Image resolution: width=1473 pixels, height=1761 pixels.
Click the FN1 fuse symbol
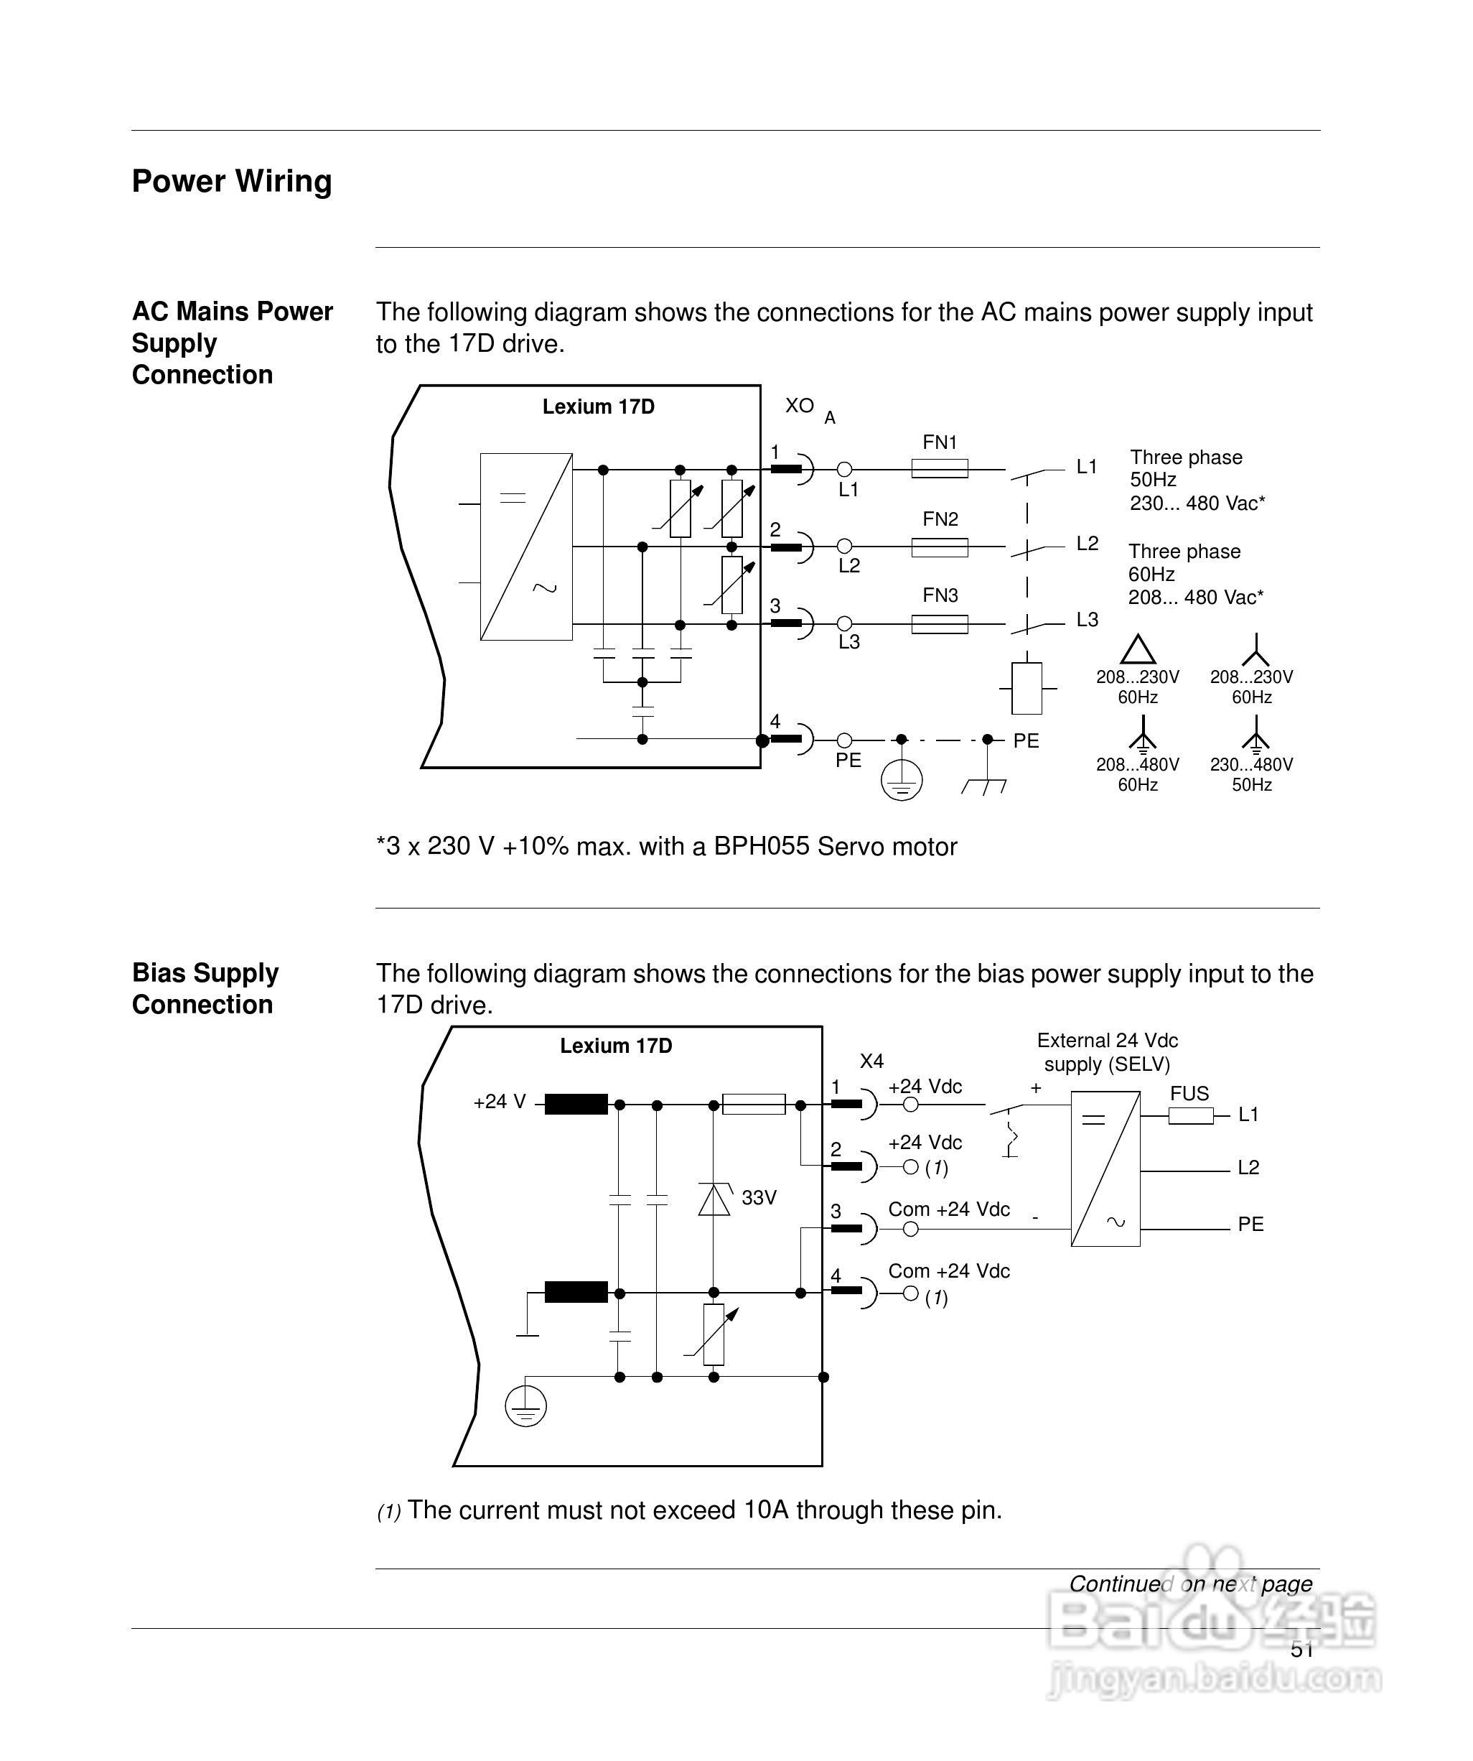click(939, 469)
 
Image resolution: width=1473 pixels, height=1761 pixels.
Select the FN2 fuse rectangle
click(939, 547)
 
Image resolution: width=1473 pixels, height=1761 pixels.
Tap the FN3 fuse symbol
click(939, 624)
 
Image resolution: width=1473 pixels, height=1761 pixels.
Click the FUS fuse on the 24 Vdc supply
click(1190, 1115)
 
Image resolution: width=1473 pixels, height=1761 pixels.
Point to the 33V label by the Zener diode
click(759, 1197)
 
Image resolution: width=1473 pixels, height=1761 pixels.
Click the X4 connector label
click(872, 1061)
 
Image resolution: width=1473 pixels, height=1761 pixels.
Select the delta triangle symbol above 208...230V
click(1138, 650)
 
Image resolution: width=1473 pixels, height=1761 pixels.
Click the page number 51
click(1302, 1650)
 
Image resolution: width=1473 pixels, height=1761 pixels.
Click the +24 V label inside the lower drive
click(500, 1102)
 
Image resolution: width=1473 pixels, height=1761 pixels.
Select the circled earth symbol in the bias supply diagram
click(525, 1406)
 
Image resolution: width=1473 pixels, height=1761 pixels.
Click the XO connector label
click(799, 406)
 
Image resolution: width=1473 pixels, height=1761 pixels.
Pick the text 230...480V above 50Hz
click(1251, 764)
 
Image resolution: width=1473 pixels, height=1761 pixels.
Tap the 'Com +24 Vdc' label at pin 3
click(949, 1209)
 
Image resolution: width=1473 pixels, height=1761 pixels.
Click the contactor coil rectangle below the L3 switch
click(1027, 687)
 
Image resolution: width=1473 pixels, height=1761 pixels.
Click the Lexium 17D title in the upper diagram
click(598, 406)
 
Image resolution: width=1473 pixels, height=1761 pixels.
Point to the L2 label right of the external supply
click(1248, 1167)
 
